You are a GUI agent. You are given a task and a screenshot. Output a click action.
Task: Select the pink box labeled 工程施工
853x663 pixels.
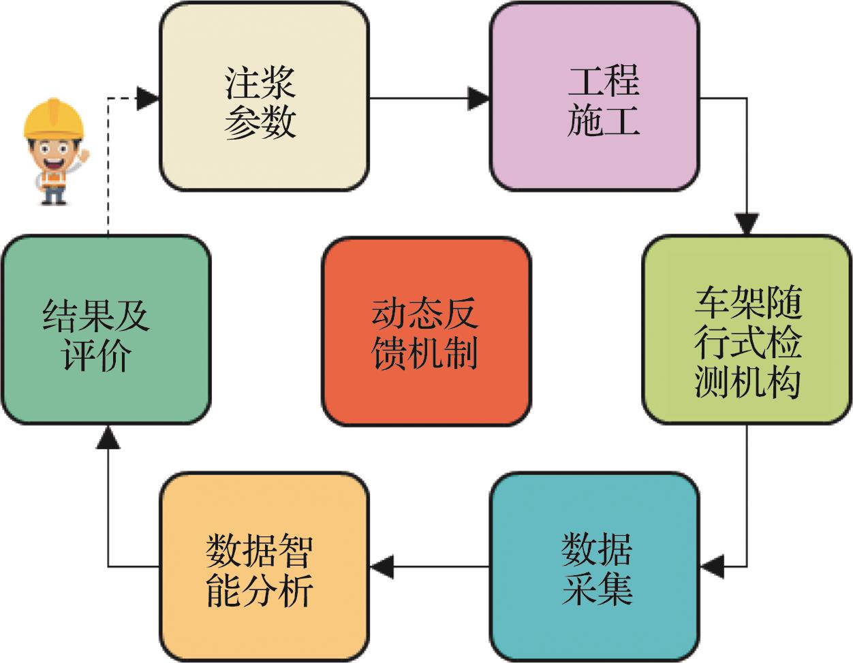pos(595,99)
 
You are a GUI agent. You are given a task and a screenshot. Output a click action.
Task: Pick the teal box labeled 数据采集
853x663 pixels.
pos(595,565)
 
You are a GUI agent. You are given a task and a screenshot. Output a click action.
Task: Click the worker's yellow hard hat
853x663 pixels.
pos(53,117)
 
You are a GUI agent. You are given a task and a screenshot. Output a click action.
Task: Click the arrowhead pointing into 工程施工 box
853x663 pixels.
pos(479,99)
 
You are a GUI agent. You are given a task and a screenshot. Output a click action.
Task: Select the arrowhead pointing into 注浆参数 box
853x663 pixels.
pos(148,99)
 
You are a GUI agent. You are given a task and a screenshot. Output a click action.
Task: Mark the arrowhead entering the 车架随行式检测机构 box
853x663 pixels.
pos(747,225)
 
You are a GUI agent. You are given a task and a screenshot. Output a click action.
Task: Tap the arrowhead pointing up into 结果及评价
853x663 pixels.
pos(108,438)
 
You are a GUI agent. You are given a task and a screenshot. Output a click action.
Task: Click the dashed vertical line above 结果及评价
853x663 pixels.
pos(108,170)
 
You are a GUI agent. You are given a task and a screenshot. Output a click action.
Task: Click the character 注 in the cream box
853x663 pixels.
pos(243,82)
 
